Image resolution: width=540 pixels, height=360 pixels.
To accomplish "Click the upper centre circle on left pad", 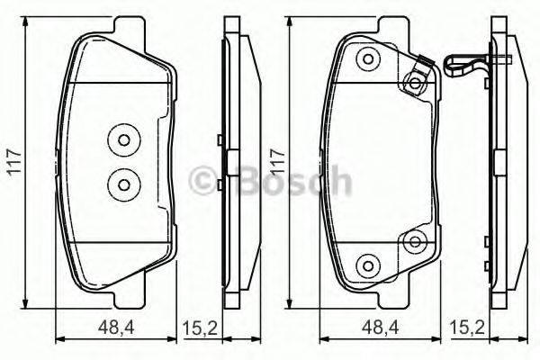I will [x=120, y=140].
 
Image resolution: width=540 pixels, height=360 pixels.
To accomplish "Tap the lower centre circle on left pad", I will [x=120, y=183].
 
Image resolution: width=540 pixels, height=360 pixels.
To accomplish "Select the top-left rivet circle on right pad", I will [x=366, y=60].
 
